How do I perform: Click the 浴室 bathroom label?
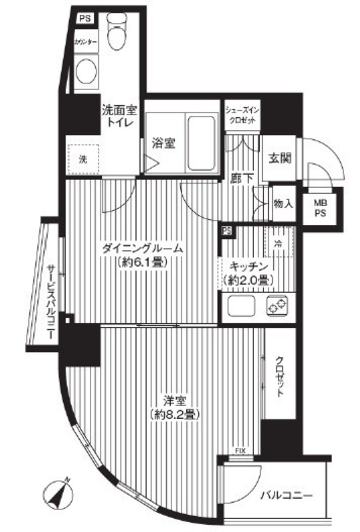coord(164,143)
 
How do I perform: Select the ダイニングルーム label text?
coord(140,248)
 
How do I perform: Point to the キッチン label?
coord(247,268)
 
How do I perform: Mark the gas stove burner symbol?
coord(276,305)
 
